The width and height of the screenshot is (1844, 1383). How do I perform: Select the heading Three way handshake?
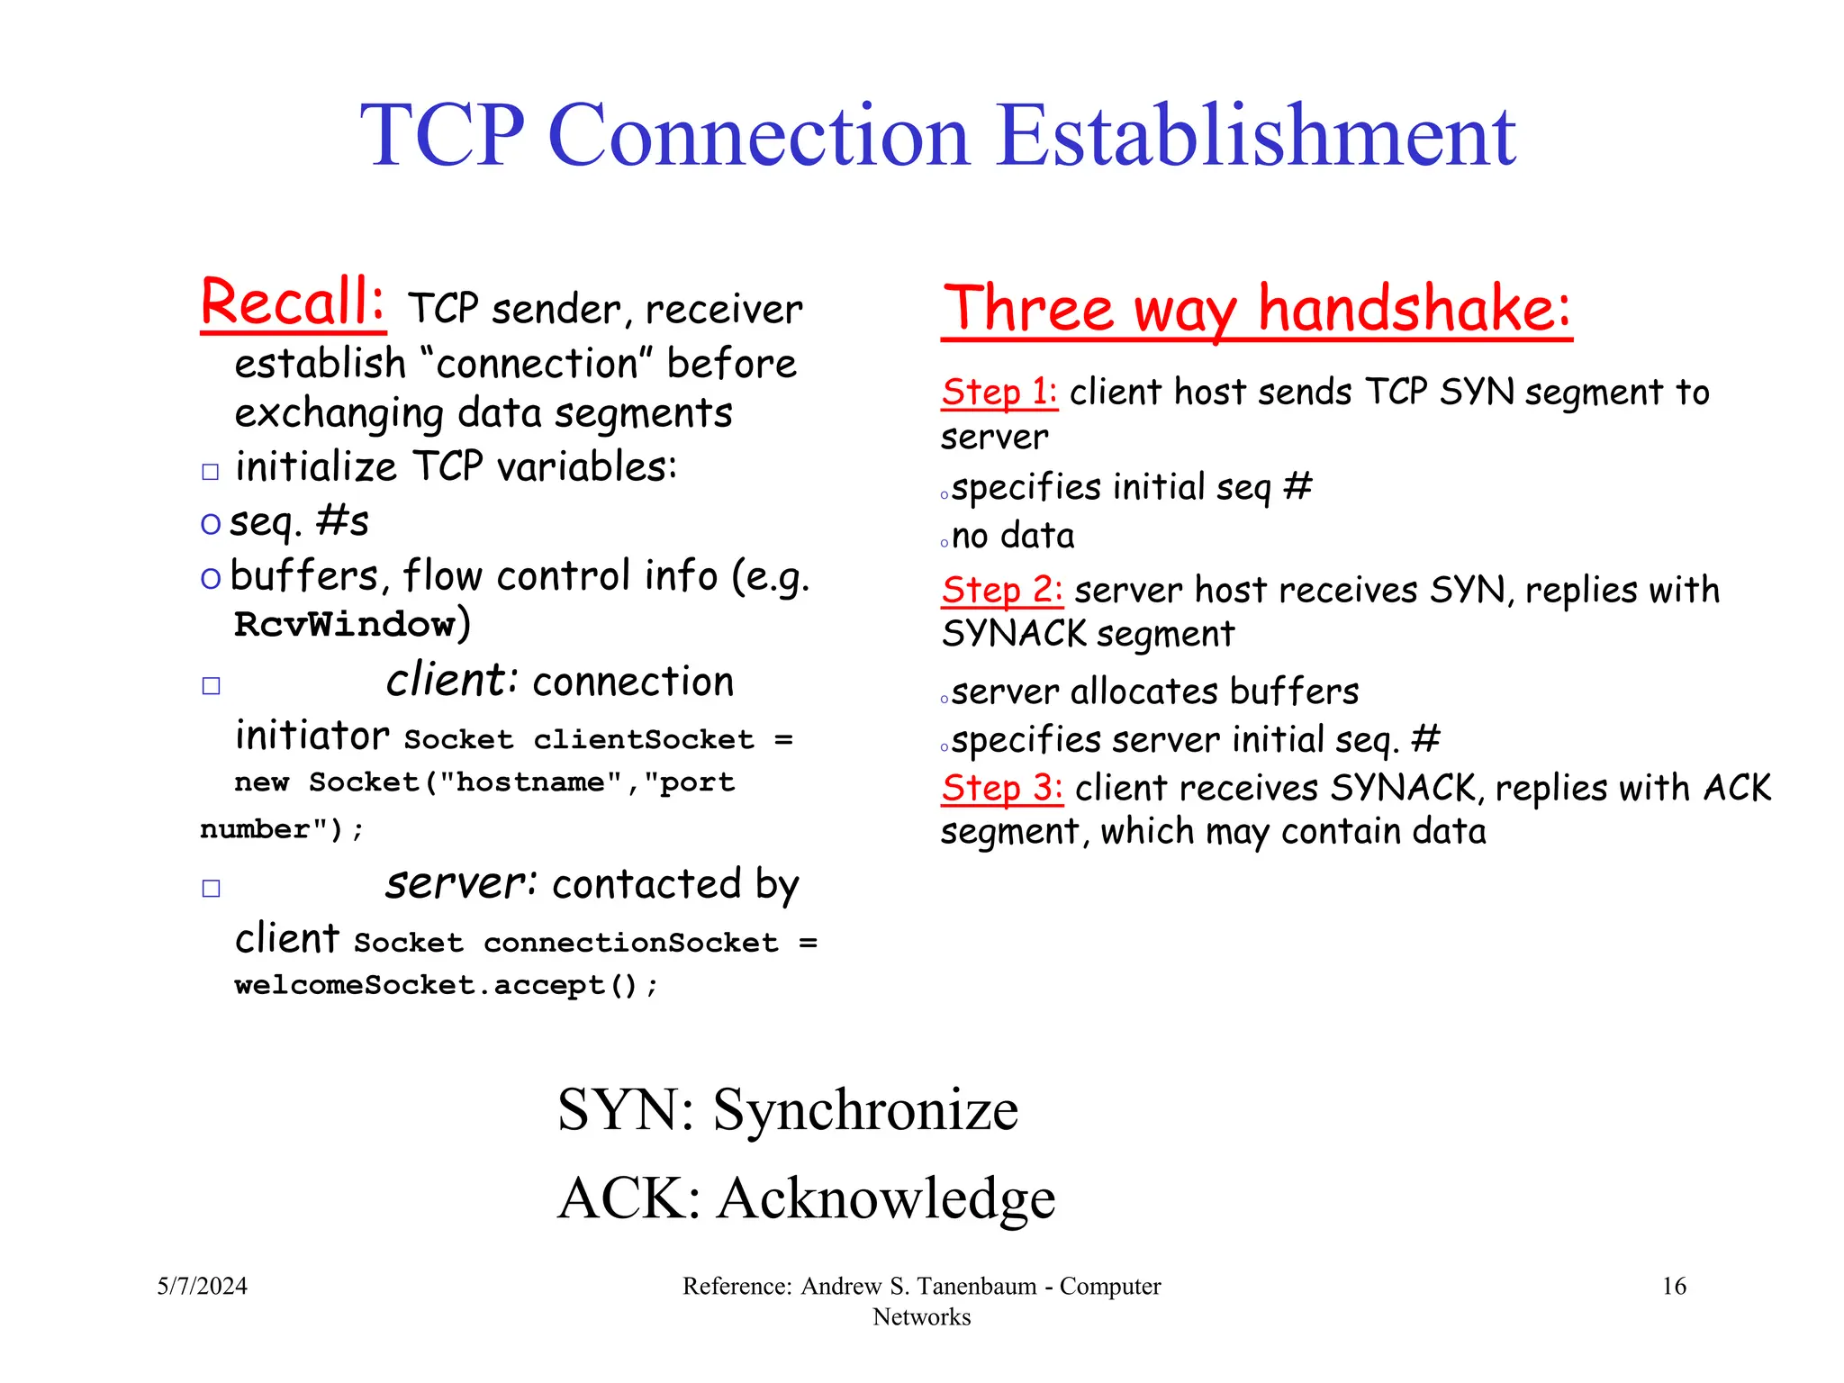click(1256, 309)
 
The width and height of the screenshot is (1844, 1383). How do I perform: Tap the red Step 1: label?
click(999, 392)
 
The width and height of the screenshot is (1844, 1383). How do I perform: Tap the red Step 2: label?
click(1001, 590)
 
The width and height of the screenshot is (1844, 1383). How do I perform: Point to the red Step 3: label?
click(1001, 788)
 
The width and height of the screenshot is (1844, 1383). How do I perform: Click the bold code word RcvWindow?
click(345, 624)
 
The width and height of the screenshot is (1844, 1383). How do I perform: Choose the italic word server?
click(461, 883)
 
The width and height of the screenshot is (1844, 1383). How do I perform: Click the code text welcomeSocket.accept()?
click(447, 985)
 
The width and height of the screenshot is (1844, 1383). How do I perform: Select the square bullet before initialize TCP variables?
click(211, 472)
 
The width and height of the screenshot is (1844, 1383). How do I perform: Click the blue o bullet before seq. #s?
click(211, 523)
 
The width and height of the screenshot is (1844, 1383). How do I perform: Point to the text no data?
click(1013, 536)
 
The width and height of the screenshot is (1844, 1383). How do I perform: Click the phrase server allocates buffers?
click(1154, 691)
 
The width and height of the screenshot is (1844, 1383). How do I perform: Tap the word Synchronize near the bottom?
click(865, 1109)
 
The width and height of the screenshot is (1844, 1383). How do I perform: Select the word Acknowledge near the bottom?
click(886, 1198)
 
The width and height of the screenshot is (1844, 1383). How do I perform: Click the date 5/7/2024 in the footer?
click(203, 1286)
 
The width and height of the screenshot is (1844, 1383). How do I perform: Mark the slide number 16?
click(1673, 1286)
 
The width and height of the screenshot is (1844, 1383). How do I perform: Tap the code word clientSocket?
click(644, 740)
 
